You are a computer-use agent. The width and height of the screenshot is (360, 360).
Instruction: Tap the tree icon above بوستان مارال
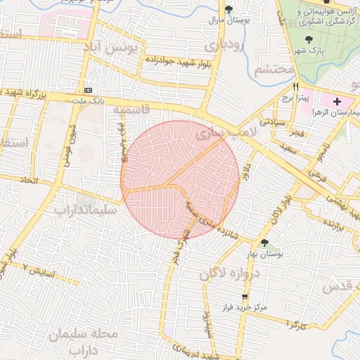pos(229,8)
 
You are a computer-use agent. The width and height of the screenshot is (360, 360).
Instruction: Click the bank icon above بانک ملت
pos(89,91)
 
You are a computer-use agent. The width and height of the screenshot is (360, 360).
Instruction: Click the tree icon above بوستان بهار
pos(264,243)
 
